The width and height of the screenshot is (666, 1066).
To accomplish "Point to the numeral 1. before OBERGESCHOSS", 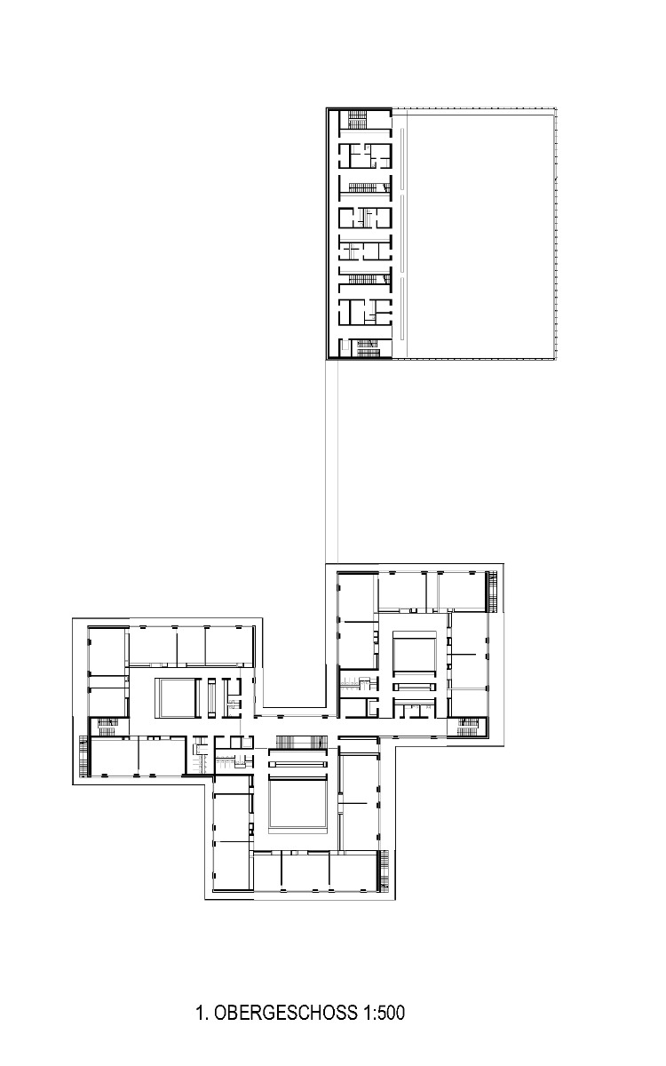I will tap(202, 1012).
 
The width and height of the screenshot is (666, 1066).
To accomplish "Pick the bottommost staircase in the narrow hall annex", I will tap(365, 349).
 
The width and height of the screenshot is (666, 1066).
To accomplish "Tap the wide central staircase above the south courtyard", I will tap(298, 743).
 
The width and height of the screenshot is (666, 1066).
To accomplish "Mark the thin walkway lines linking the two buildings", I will tap(332, 462).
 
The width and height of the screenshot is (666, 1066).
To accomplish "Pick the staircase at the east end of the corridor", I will tap(467, 727).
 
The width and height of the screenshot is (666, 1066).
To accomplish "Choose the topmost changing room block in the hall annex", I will tap(365, 156).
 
